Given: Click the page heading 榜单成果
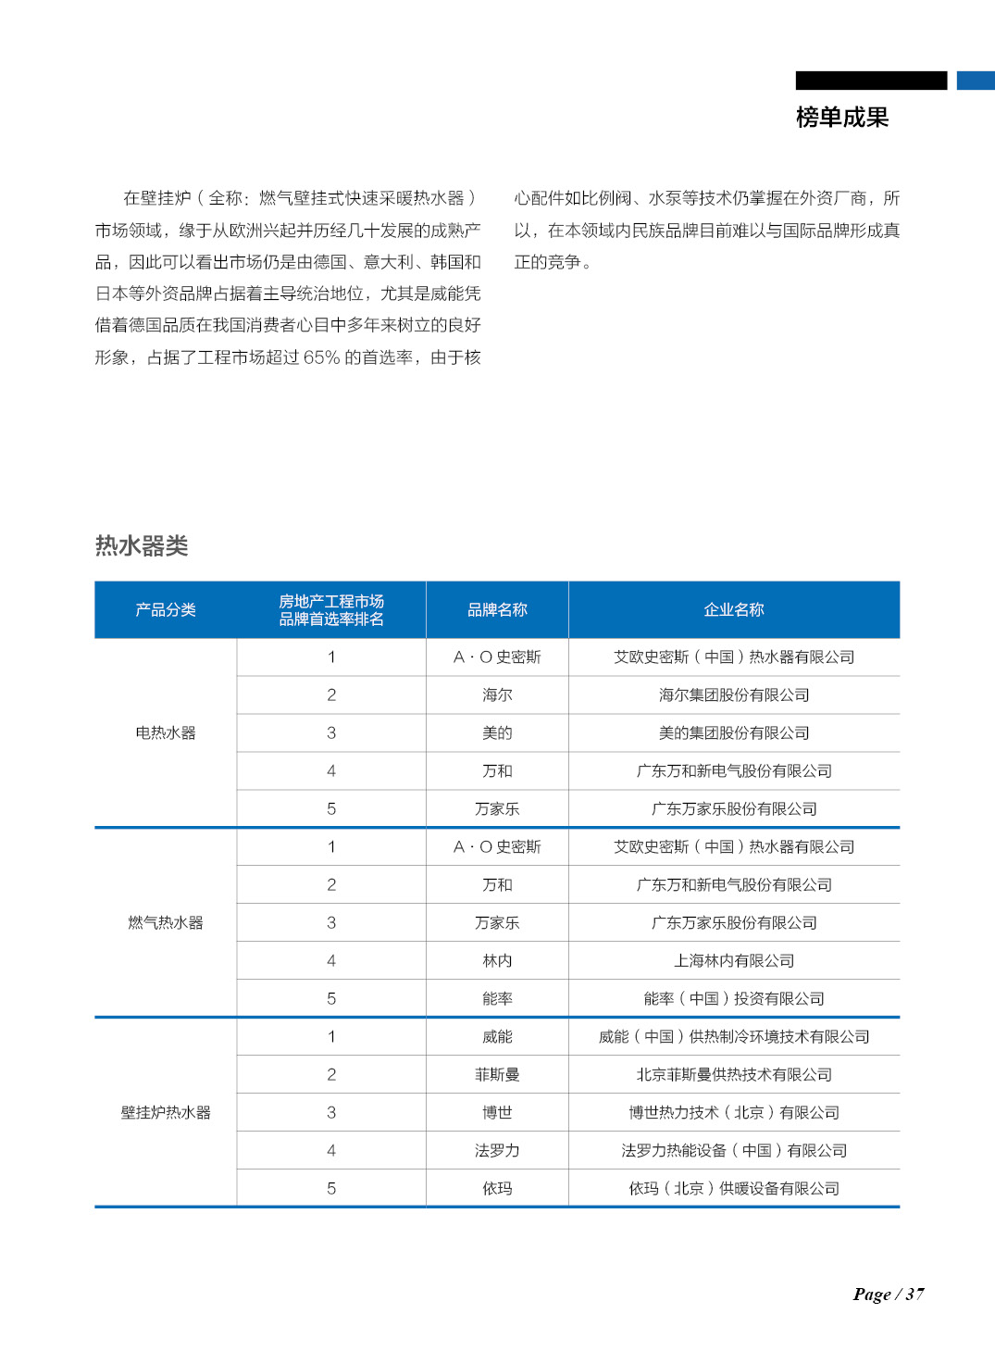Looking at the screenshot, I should point(841,118).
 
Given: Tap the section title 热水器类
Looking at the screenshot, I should point(142,545).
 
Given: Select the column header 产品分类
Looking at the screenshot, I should point(166,609).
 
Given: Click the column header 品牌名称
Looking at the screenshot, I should point(497,609).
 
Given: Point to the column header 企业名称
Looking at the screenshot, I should point(734,609).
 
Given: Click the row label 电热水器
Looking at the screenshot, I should point(166,732).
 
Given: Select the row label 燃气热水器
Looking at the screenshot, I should point(166,922).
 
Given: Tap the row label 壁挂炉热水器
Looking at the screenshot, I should point(166,1112).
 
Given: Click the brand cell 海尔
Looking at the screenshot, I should point(497,694).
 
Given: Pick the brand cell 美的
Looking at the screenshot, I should point(497,732).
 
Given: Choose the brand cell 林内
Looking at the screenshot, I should point(497,960).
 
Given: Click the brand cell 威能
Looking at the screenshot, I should point(497,1036).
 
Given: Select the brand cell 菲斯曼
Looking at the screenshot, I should point(497,1074).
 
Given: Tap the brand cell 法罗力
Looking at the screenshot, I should point(497,1150).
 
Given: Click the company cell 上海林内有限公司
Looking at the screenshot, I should point(734,960).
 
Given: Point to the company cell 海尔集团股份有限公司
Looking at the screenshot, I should point(734,694).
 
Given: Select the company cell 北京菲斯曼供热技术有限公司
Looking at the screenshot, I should point(734,1074).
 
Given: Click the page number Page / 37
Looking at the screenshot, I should point(888,1294).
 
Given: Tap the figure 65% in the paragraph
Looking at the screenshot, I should point(321,357).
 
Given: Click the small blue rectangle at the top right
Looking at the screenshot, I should point(976,81).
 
